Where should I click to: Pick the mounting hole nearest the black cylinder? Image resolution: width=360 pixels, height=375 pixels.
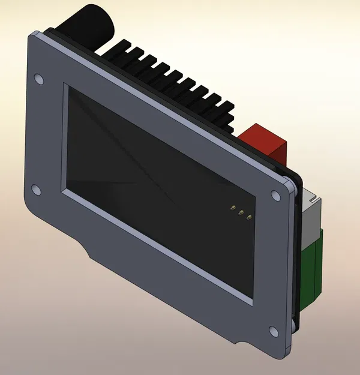(39, 79)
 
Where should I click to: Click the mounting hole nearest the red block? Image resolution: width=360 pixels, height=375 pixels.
(275, 195)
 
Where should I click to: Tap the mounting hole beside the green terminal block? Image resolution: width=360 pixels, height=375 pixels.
(274, 331)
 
